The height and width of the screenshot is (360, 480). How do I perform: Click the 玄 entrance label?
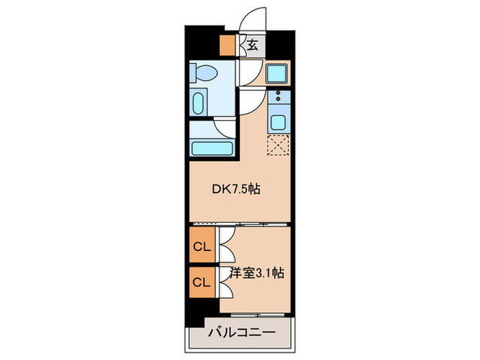point(252,45)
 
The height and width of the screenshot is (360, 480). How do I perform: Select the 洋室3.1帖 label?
point(258,273)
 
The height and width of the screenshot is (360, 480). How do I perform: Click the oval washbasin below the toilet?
point(197,104)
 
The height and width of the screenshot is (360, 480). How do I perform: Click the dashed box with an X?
point(279,145)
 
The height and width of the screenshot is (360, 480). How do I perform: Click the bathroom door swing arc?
point(225,125)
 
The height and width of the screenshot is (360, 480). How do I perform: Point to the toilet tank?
point(195,71)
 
